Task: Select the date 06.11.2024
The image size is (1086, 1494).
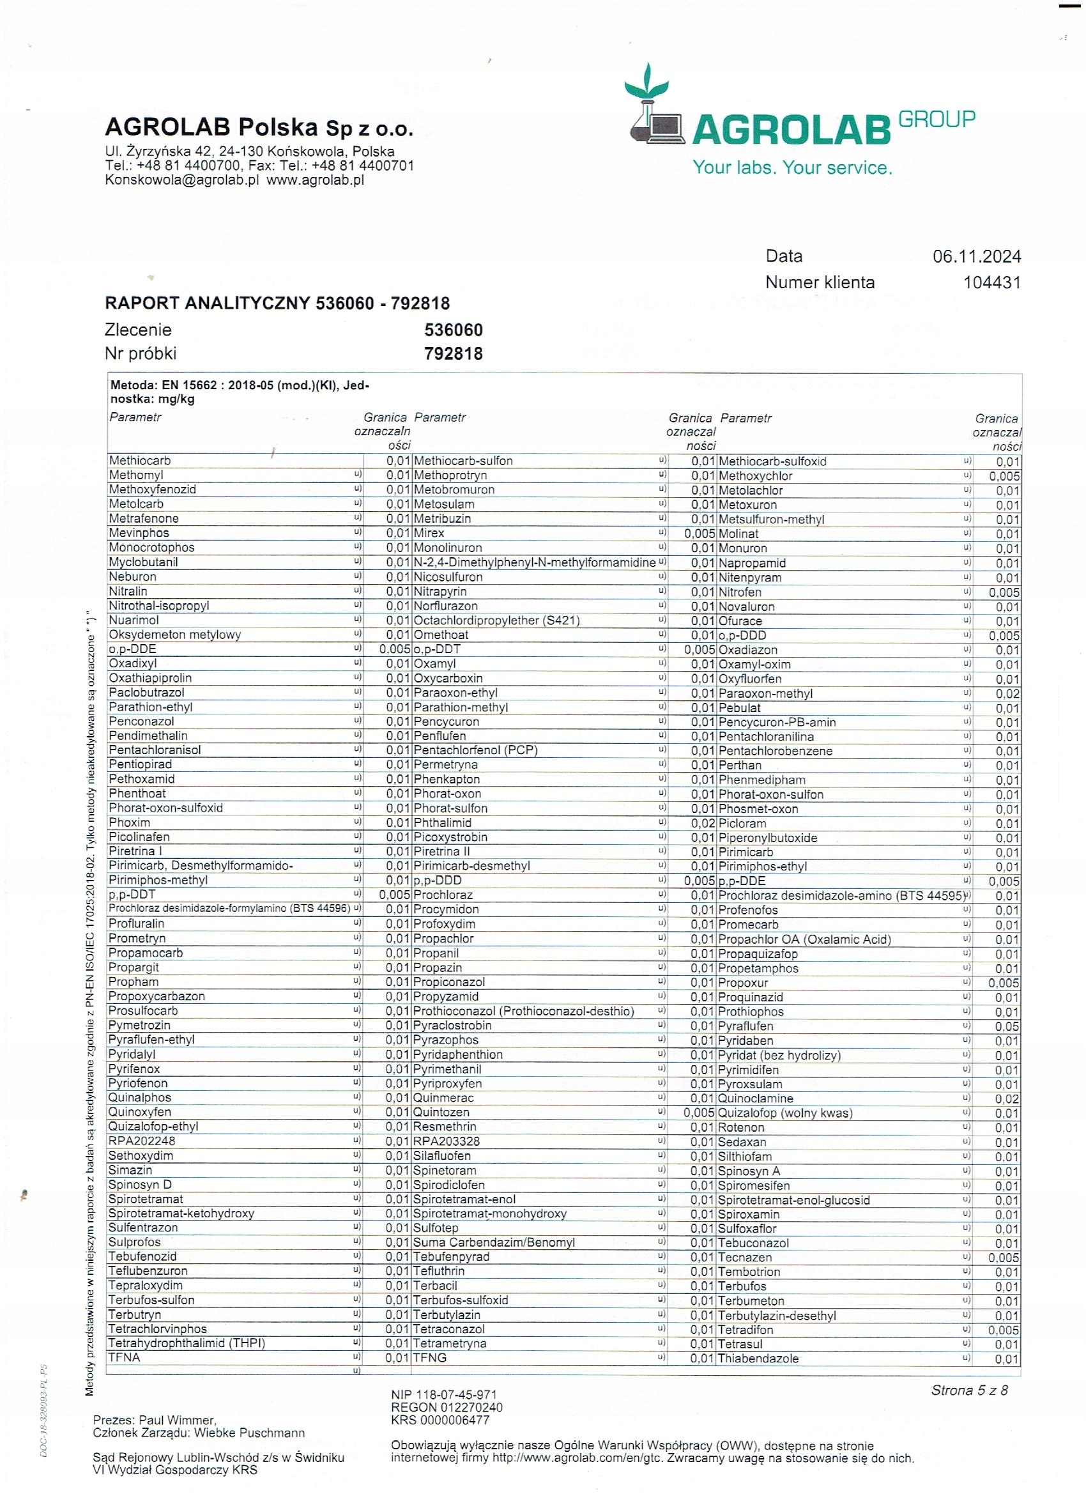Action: (976, 256)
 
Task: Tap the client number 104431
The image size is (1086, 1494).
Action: (991, 282)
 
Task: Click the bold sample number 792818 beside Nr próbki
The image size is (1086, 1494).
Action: (453, 354)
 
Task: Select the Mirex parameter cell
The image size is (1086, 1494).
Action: (429, 533)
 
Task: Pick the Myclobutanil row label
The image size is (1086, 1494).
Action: (143, 562)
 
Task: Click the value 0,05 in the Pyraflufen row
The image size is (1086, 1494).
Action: (1007, 1026)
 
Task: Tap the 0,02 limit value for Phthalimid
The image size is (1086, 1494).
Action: (703, 823)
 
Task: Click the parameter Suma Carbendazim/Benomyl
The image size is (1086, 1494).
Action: (494, 1242)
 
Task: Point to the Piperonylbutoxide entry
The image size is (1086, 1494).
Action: (767, 838)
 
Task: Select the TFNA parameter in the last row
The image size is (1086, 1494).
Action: (125, 1357)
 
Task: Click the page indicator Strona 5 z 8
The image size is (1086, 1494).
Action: (968, 1390)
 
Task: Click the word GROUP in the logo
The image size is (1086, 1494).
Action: (937, 119)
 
